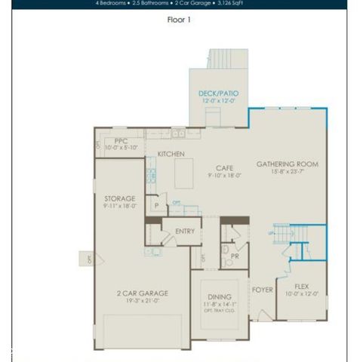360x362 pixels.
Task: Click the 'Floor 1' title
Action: pos(179,20)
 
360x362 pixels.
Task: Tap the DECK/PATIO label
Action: pos(218,94)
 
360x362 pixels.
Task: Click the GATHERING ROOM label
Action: pos(287,164)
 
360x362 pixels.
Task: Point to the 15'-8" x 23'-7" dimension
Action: pos(287,172)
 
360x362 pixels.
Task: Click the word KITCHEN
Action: pos(171,154)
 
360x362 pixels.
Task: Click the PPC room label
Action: pos(122,141)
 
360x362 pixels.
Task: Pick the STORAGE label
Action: pos(120,198)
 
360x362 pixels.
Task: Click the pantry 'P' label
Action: pos(156,205)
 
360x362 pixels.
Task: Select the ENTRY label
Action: pos(185,232)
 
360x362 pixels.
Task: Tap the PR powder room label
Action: pos(234,256)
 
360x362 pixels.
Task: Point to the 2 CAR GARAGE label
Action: pos(142,293)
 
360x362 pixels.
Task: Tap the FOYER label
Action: pos(263,290)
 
